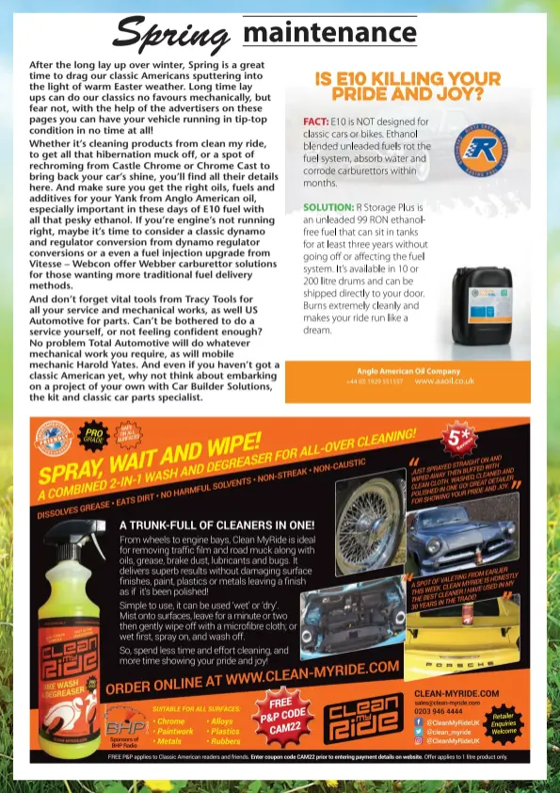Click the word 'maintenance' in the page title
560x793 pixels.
(x=329, y=35)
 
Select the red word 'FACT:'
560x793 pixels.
(x=315, y=121)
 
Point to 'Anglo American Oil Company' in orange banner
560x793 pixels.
(x=408, y=371)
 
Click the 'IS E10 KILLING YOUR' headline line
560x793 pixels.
(x=408, y=80)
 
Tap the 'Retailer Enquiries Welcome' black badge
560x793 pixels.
(x=504, y=723)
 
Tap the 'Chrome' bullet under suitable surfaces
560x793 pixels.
(x=170, y=720)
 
